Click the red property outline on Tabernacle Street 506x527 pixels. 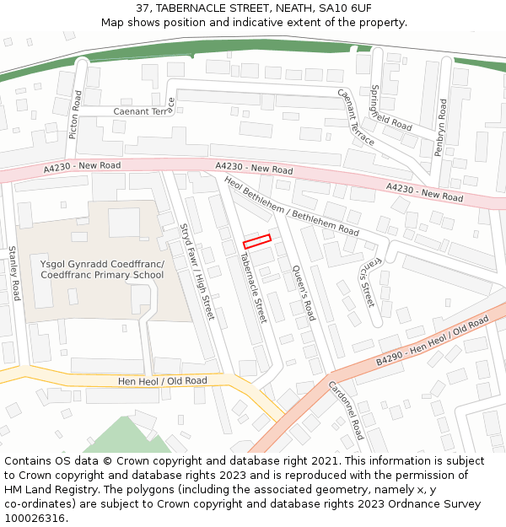click(258, 240)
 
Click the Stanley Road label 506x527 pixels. click(13, 273)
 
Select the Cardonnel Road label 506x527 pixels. click(347, 409)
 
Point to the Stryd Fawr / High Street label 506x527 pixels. click(197, 272)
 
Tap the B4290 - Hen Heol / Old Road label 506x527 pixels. click(433, 341)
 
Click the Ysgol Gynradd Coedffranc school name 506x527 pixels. click(102, 269)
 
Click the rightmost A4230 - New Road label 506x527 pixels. click(424, 191)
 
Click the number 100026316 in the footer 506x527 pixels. click(35, 518)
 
